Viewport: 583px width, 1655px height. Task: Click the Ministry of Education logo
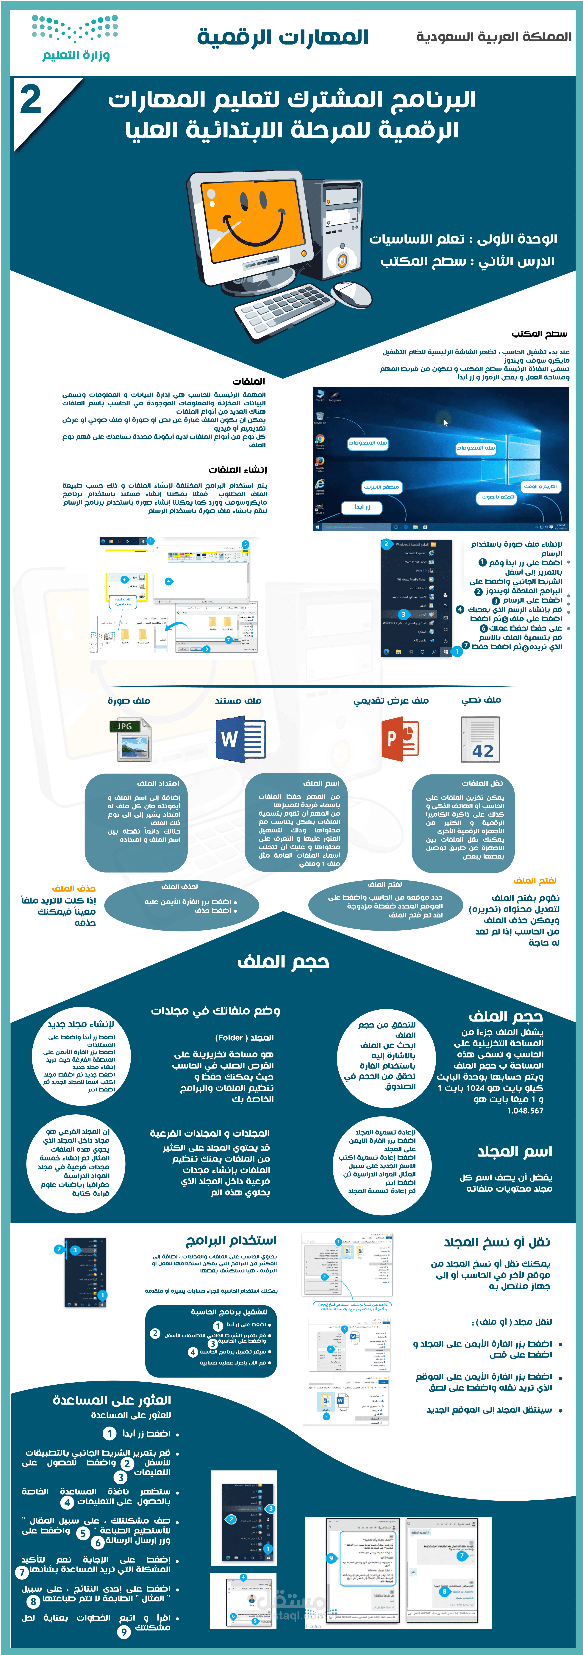pos(75,39)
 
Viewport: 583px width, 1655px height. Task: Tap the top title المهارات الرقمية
pos(283,37)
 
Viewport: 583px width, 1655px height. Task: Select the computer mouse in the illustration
pos(354,294)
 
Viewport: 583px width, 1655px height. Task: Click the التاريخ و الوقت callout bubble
pos(540,486)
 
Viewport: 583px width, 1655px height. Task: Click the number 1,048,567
pos(525,1111)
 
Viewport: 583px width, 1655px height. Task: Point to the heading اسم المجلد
pos(514,1152)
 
